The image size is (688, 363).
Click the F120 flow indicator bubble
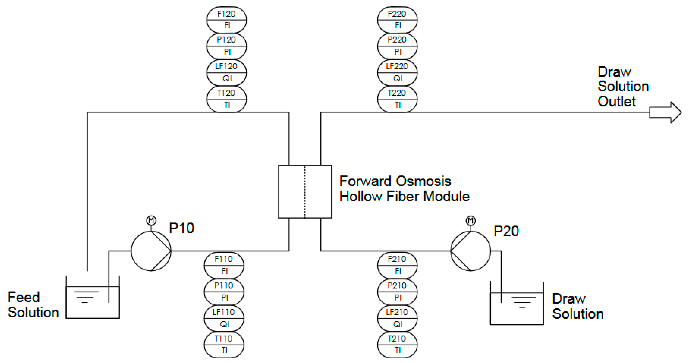(x=227, y=20)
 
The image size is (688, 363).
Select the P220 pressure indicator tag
(x=397, y=46)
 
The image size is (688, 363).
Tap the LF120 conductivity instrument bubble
(x=227, y=72)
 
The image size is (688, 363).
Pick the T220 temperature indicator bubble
(x=397, y=99)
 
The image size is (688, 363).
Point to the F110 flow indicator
(x=224, y=265)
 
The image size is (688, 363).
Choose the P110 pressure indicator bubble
(x=224, y=292)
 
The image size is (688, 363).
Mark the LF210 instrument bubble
(x=397, y=318)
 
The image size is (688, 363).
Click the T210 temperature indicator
(x=397, y=345)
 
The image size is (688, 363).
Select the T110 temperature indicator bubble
(x=224, y=345)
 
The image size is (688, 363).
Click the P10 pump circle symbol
(x=151, y=231)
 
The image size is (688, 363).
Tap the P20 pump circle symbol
(x=471, y=231)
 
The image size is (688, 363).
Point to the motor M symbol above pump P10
(x=151, y=220)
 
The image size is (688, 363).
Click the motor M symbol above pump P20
(x=471, y=220)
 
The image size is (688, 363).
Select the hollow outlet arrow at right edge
(x=665, y=112)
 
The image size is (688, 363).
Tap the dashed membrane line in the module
(x=305, y=191)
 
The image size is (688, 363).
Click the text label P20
(x=506, y=231)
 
